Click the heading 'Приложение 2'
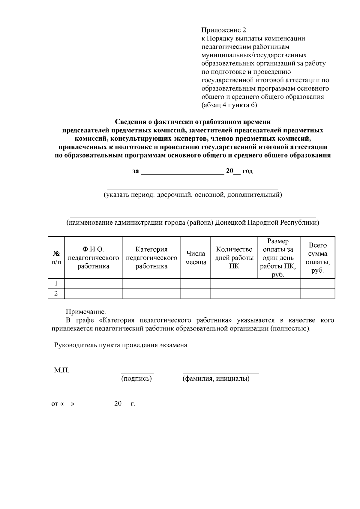pos(223,30)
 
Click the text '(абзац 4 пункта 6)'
pos(229,105)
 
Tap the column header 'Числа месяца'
pos(196,258)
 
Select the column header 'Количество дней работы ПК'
pos(234,258)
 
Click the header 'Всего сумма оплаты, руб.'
pos(318,258)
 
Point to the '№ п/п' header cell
pos(56,258)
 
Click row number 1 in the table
pos(56,283)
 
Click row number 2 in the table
pos(56,294)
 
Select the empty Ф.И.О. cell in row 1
pos(93,283)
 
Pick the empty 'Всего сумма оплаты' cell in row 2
pos(318,294)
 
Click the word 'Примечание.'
pos(86,312)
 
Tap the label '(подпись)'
pos(136,379)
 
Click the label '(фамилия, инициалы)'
pos(216,379)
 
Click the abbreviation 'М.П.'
pos(61,370)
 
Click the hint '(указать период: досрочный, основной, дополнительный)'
pos(193,195)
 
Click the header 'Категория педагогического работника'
pos(151,258)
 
